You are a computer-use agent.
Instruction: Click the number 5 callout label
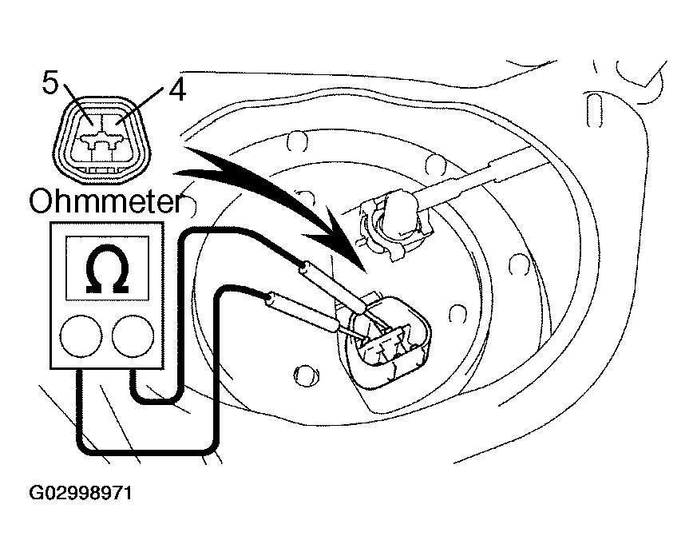click(x=50, y=83)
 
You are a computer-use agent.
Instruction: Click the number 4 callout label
click(x=176, y=90)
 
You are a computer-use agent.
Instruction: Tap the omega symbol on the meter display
click(x=107, y=272)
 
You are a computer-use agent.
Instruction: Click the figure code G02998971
click(x=81, y=493)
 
